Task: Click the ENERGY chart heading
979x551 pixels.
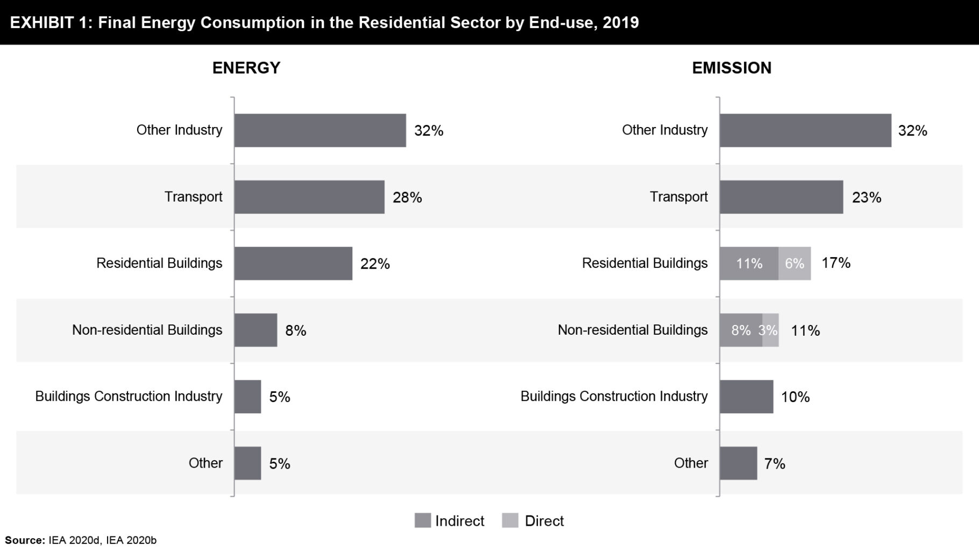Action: [246, 68]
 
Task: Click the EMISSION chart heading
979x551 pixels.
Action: [732, 68]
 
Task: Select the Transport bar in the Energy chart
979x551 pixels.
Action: [309, 197]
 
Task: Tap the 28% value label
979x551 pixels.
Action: [407, 197]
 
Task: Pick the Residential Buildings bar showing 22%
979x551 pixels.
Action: [293, 264]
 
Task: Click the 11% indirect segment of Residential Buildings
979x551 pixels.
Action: [749, 264]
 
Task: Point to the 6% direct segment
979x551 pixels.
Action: [794, 264]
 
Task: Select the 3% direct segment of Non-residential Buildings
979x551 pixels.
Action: [770, 330]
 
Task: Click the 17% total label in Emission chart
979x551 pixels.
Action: [836, 263]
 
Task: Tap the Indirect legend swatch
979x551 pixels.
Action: [423, 520]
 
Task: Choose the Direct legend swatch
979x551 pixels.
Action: [510, 520]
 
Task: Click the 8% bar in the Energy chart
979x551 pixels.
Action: [256, 330]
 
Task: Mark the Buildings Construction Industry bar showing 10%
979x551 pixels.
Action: [746, 397]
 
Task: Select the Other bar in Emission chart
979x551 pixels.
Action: [738, 463]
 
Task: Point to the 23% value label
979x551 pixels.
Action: [867, 197]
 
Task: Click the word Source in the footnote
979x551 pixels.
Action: [25, 540]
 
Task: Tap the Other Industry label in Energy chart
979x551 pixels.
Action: [179, 130]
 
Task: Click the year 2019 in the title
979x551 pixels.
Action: [621, 23]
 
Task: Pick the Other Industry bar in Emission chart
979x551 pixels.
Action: [805, 130]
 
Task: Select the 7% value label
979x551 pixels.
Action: [775, 463]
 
